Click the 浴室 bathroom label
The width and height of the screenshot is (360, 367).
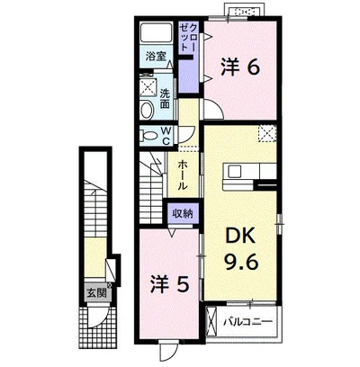click(x=156, y=56)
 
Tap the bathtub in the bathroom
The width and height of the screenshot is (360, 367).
click(x=156, y=33)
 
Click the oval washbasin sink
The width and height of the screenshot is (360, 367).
click(x=147, y=110)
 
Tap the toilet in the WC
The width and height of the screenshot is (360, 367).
click(x=149, y=136)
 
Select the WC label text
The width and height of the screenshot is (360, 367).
click(x=166, y=136)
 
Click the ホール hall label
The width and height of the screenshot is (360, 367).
click(x=182, y=175)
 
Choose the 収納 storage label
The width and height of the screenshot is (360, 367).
click(x=182, y=214)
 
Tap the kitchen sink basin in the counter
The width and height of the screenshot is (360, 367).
click(x=234, y=172)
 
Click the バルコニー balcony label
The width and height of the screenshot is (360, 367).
click(x=247, y=322)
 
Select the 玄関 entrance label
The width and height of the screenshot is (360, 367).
click(x=97, y=292)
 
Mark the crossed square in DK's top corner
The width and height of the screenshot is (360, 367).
click(x=267, y=132)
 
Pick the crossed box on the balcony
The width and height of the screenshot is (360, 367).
click(x=211, y=320)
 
